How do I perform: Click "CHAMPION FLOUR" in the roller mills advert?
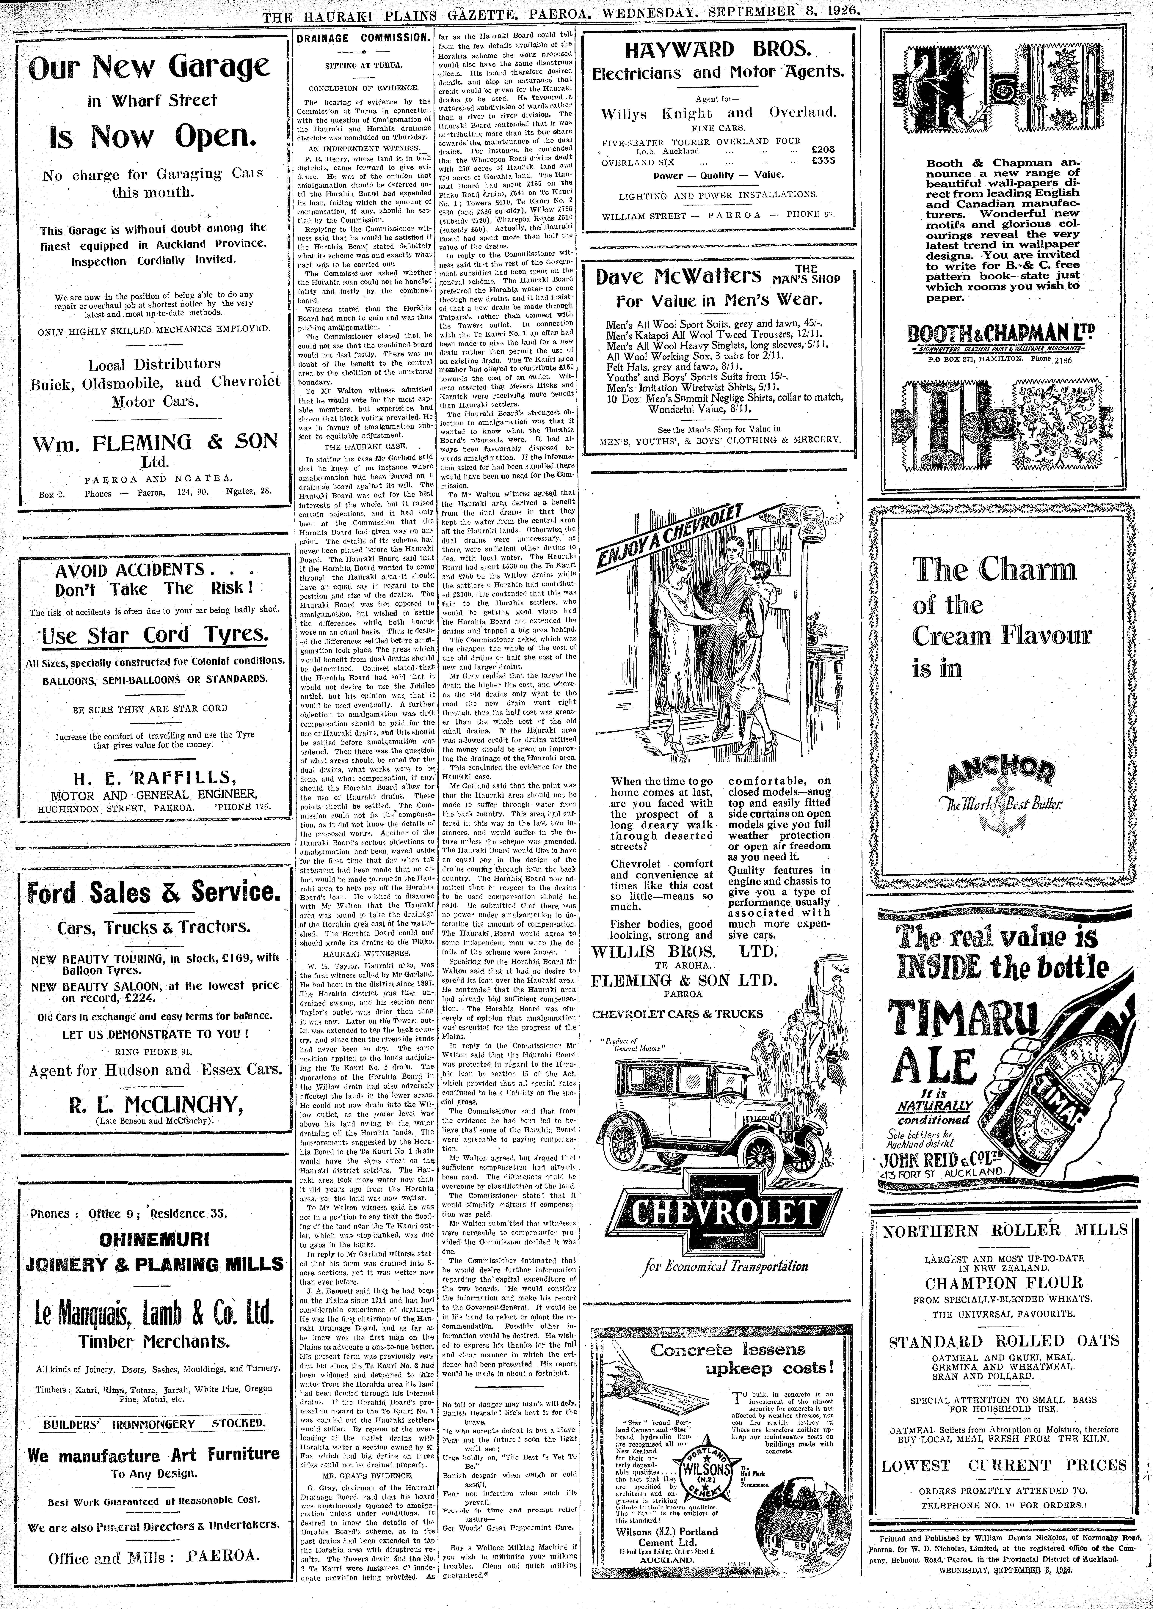coord(1003,1283)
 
